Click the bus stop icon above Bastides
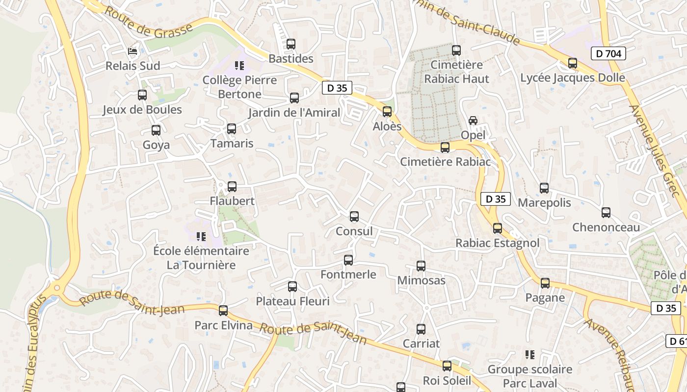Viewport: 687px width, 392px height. click(291, 44)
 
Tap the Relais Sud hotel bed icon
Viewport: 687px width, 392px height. click(132, 51)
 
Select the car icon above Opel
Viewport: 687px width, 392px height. click(473, 121)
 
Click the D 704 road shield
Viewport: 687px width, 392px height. click(608, 53)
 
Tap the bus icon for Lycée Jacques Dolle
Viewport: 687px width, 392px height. click(573, 63)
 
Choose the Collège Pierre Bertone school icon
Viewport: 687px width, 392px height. click(239, 66)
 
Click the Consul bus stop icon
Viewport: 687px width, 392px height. click(354, 217)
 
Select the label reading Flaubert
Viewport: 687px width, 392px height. click(232, 201)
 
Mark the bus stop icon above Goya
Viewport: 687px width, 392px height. click(156, 130)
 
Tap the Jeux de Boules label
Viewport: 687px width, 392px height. click(142, 110)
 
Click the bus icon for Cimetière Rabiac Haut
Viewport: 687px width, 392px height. click(456, 50)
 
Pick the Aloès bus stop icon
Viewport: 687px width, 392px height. click(387, 112)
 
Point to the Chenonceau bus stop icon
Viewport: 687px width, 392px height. click(606, 213)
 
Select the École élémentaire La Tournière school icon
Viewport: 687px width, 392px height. click(201, 237)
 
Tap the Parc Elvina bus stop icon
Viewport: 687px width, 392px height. click(223, 311)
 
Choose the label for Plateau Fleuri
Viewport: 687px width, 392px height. click(293, 301)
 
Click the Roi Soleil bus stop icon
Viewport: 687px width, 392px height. click(447, 366)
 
